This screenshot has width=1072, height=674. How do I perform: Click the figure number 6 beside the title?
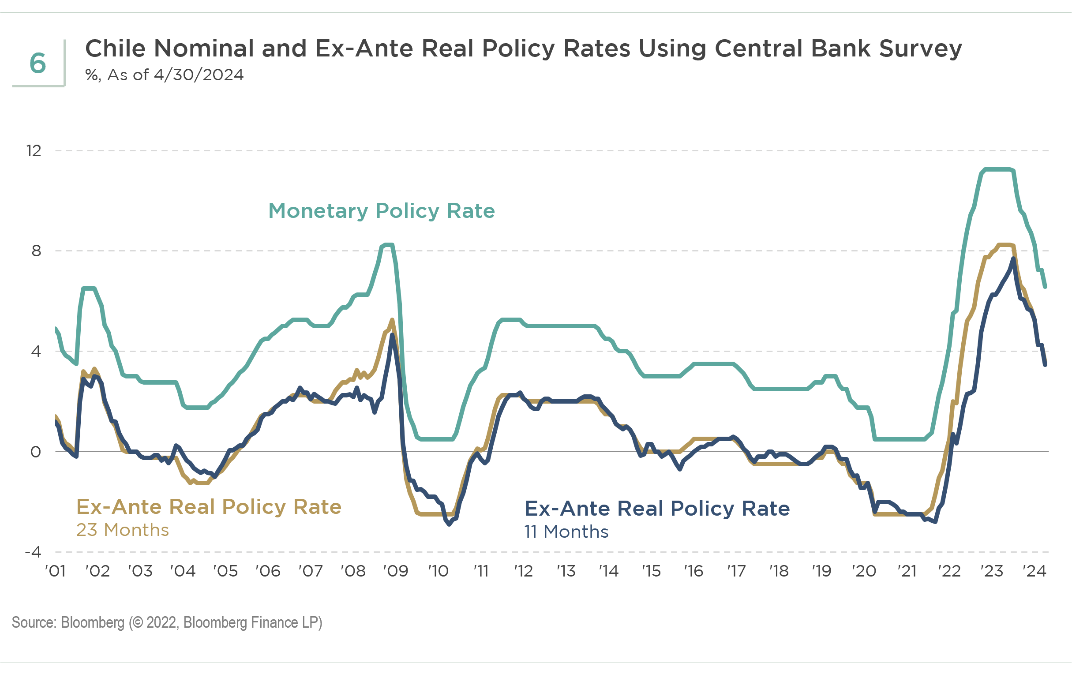[38, 63]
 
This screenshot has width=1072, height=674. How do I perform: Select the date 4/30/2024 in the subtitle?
[199, 75]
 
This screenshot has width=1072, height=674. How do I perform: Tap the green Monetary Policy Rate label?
[381, 210]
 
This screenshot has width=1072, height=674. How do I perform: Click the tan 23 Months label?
[123, 530]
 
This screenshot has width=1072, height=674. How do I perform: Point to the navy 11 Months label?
[566, 532]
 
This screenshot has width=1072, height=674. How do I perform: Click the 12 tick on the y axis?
[34, 151]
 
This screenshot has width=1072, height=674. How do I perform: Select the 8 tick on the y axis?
[36, 251]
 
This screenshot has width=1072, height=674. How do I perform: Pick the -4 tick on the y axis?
[33, 552]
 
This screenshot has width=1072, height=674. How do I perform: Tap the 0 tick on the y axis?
[36, 452]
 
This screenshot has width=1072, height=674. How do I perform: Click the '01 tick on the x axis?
[55, 571]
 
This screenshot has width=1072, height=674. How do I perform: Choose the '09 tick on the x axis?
[395, 571]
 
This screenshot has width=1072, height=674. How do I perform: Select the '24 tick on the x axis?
[1034, 571]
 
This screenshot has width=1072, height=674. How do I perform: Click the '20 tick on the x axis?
[864, 571]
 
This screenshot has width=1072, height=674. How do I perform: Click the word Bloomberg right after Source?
[93, 622]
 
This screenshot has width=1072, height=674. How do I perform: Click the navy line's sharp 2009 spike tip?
[392, 335]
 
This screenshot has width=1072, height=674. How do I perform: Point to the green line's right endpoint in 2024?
[1045, 287]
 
